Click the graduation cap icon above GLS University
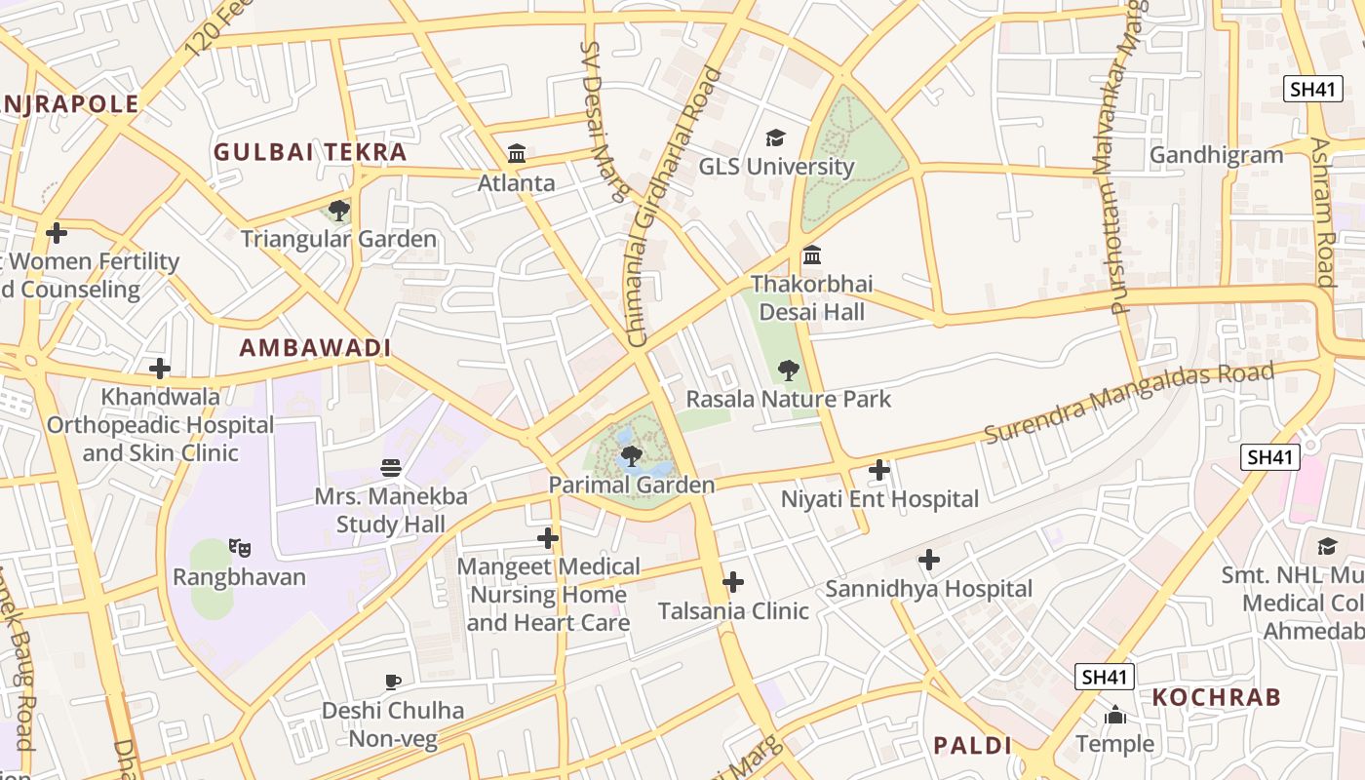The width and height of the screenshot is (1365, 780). tap(775, 137)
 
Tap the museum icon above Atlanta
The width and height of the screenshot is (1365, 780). tap(517, 154)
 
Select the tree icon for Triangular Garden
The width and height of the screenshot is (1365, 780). tap(339, 210)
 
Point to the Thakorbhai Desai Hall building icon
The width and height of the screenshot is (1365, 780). tap(811, 255)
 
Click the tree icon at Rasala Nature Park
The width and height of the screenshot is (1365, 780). tap(789, 370)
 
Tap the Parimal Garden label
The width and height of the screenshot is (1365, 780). tap(632, 485)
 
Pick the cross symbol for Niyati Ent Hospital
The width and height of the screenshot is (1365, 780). tap(879, 470)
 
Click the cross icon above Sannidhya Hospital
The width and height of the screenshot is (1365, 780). tap(929, 560)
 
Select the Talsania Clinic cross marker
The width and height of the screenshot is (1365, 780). tap(733, 582)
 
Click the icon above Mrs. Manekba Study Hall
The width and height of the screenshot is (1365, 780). tap(391, 468)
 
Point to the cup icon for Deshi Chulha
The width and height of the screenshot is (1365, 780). tap(393, 682)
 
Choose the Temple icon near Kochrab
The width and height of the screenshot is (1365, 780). tap(1115, 716)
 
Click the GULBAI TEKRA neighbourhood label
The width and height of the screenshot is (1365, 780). tap(310, 152)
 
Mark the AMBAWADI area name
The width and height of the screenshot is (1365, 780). tap(315, 348)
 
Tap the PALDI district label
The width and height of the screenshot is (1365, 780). tap(972, 746)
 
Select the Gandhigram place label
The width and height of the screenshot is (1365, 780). tap(1216, 155)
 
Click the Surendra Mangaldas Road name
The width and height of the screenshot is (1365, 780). tap(1129, 402)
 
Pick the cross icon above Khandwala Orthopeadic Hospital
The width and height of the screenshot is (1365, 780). tap(160, 369)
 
